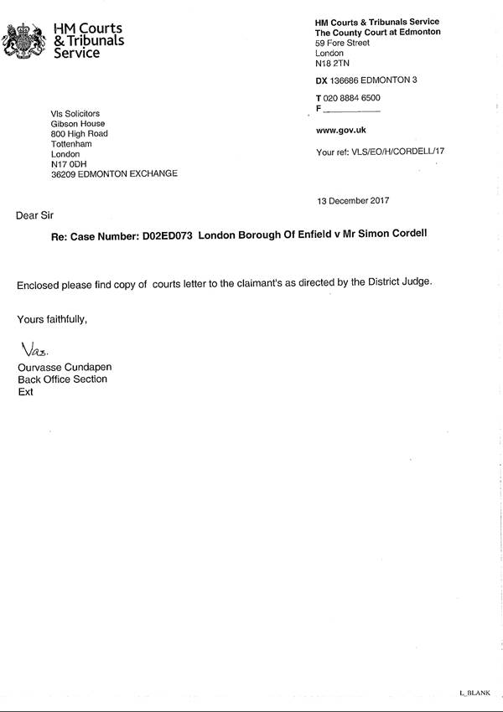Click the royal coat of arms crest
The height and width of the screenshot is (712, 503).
pyautogui.click(x=22, y=39)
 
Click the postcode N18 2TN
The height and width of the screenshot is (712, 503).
pyautogui.click(x=330, y=64)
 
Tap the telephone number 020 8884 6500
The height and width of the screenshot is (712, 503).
pyautogui.click(x=352, y=98)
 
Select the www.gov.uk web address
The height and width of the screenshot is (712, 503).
pyautogui.click(x=340, y=131)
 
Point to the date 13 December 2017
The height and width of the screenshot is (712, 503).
pyautogui.click(x=353, y=201)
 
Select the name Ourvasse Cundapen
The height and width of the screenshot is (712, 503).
pyautogui.click(x=65, y=368)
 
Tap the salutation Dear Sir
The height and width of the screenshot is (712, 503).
pyautogui.click(x=34, y=215)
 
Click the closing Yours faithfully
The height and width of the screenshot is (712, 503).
pyautogui.click(x=52, y=319)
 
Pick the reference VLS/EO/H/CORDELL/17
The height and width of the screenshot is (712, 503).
pyautogui.click(x=393, y=153)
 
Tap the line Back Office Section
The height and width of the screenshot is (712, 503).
pyautogui.click(x=63, y=379)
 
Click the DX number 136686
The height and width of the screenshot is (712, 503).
pyautogui.click(x=345, y=80)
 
